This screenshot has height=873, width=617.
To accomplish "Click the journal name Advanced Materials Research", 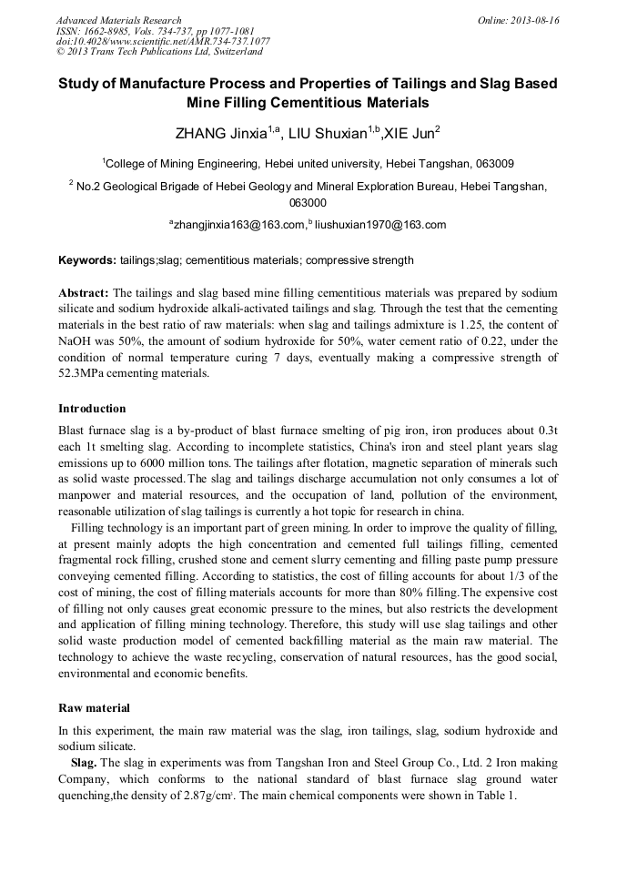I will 118,20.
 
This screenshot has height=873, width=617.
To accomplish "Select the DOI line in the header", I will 163,41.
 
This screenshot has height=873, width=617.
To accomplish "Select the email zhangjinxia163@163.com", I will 238,225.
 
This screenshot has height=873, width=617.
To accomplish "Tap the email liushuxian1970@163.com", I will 380,225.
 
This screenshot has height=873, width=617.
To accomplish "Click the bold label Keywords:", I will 87,260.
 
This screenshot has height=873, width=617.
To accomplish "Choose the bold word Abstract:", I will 84,292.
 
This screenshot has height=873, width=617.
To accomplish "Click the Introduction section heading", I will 92,408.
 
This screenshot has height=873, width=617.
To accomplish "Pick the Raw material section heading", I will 94,707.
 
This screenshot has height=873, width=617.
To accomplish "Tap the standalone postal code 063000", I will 308,203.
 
